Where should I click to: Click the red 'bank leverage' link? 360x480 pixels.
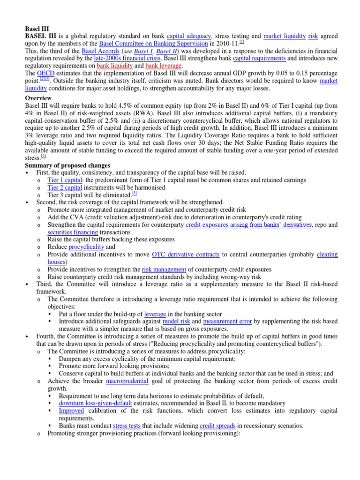point(164,66)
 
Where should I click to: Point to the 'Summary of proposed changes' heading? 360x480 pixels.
point(67,165)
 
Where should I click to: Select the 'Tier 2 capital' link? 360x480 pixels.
point(65,187)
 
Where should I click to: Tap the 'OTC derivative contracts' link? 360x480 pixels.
point(186,255)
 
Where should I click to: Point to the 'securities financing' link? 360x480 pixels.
point(73,232)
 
